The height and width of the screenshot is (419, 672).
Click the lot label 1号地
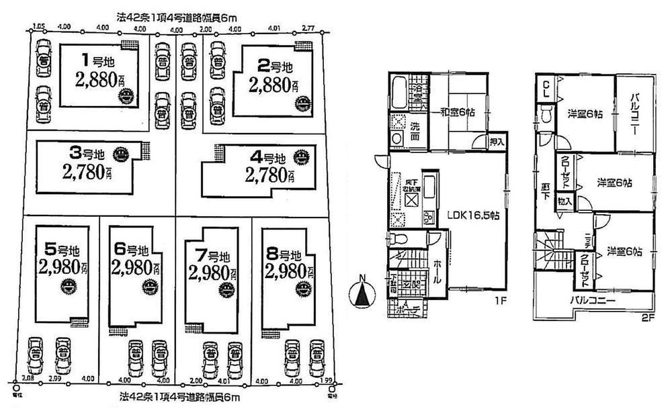pos(91,58)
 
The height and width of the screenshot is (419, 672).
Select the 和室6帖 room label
pos(458,112)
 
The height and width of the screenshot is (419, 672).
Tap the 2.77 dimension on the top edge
pos(308,29)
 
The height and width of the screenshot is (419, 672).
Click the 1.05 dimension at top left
pos(38,28)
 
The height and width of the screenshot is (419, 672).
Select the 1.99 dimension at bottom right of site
pos(326,381)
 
